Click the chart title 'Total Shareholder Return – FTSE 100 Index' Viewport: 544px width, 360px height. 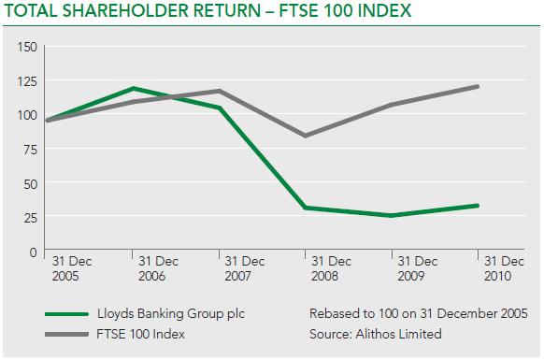coord(208,10)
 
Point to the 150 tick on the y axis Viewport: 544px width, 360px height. coord(27,47)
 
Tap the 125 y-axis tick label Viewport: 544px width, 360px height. coord(27,81)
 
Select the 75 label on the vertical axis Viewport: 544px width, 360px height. coord(30,150)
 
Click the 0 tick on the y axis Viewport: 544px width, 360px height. coord(34,252)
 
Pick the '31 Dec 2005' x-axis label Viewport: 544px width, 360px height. coord(72,268)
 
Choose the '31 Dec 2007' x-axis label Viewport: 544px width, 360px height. coord(245,268)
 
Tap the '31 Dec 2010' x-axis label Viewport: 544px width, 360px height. coord(504,268)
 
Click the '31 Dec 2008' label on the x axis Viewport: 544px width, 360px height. coord(331,268)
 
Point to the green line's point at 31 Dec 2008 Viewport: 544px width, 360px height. coord(306,208)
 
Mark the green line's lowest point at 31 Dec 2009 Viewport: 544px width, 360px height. coord(392,216)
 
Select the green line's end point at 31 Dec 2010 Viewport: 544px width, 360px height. coord(478,206)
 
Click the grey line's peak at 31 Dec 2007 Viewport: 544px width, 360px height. coord(219,91)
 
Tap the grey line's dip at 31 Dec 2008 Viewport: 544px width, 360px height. coord(306,136)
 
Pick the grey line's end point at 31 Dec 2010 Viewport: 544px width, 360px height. coord(478,86)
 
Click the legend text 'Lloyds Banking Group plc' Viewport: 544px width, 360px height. coord(171,314)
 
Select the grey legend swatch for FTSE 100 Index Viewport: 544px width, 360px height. coord(67,335)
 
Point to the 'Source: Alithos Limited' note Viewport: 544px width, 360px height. coord(376,334)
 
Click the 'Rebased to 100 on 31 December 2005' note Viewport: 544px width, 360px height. coord(419,313)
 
